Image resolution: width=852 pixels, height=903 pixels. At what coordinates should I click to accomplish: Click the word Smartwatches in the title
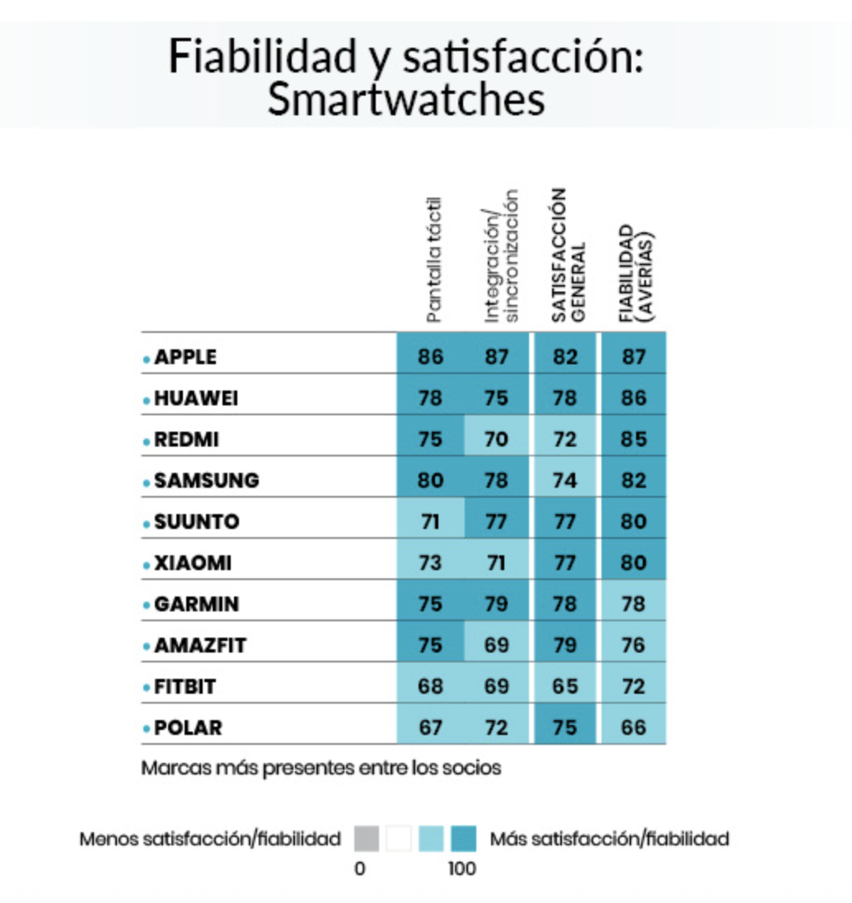[406, 100]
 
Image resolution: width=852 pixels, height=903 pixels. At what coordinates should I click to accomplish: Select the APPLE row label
[185, 357]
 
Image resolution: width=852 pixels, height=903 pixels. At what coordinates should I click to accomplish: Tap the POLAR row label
[188, 728]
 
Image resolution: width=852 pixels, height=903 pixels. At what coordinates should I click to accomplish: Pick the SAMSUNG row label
[206, 480]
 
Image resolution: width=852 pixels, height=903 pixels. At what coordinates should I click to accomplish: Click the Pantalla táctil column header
[435, 260]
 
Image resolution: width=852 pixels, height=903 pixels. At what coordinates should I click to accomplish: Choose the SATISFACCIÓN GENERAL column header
[567, 255]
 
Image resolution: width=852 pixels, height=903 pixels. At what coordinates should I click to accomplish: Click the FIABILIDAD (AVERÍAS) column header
[636, 272]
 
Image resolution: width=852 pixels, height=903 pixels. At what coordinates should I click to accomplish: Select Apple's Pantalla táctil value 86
[430, 357]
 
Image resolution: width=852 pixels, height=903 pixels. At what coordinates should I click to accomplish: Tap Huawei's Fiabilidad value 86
[633, 398]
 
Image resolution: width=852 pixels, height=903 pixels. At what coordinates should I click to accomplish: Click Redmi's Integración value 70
[496, 439]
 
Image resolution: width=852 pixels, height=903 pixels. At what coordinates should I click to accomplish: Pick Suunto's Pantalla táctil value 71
[430, 522]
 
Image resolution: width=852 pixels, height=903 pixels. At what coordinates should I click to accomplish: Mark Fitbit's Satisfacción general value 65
[565, 686]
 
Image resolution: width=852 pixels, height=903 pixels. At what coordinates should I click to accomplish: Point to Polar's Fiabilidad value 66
[633, 728]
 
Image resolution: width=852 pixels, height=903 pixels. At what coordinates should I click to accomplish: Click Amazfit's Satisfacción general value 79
[565, 645]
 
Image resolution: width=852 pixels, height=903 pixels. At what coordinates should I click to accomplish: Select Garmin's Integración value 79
[496, 604]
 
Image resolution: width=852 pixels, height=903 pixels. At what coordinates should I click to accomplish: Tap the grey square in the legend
[366, 839]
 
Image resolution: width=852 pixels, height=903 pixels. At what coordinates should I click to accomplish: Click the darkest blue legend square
[463, 839]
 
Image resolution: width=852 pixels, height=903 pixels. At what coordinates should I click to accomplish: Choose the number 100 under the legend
[462, 868]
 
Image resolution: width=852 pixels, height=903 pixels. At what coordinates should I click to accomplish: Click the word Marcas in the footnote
[167, 767]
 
